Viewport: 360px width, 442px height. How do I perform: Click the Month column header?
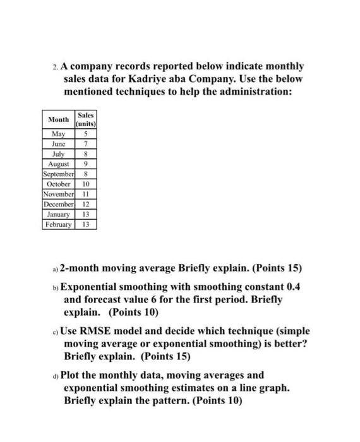pyautogui.click(x=59, y=119)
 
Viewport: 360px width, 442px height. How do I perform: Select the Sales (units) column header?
pyautogui.click(x=85, y=119)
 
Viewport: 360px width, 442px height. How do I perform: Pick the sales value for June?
pyautogui.click(x=85, y=143)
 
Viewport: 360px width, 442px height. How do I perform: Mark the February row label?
pyautogui.click(x=59, y=224)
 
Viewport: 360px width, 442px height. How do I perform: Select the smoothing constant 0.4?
pyautogui.click(x=293, y=286)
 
